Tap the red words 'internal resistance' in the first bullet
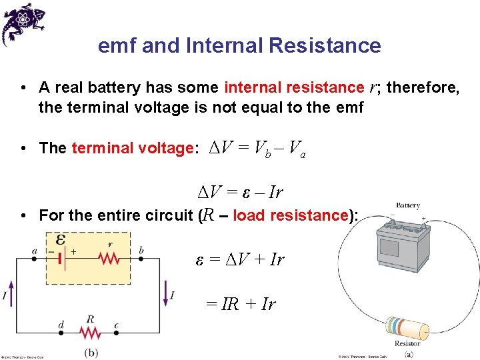[294, 88]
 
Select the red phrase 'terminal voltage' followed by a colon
[132, 148]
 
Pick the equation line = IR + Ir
[240, 304]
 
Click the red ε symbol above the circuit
[60, 239]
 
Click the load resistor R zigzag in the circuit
[89, 333]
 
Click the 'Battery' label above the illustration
[407, 206]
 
